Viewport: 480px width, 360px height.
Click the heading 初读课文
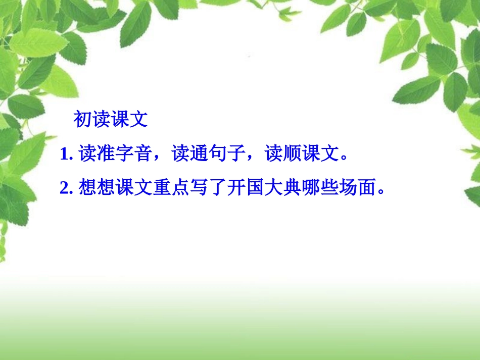point(111,120)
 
